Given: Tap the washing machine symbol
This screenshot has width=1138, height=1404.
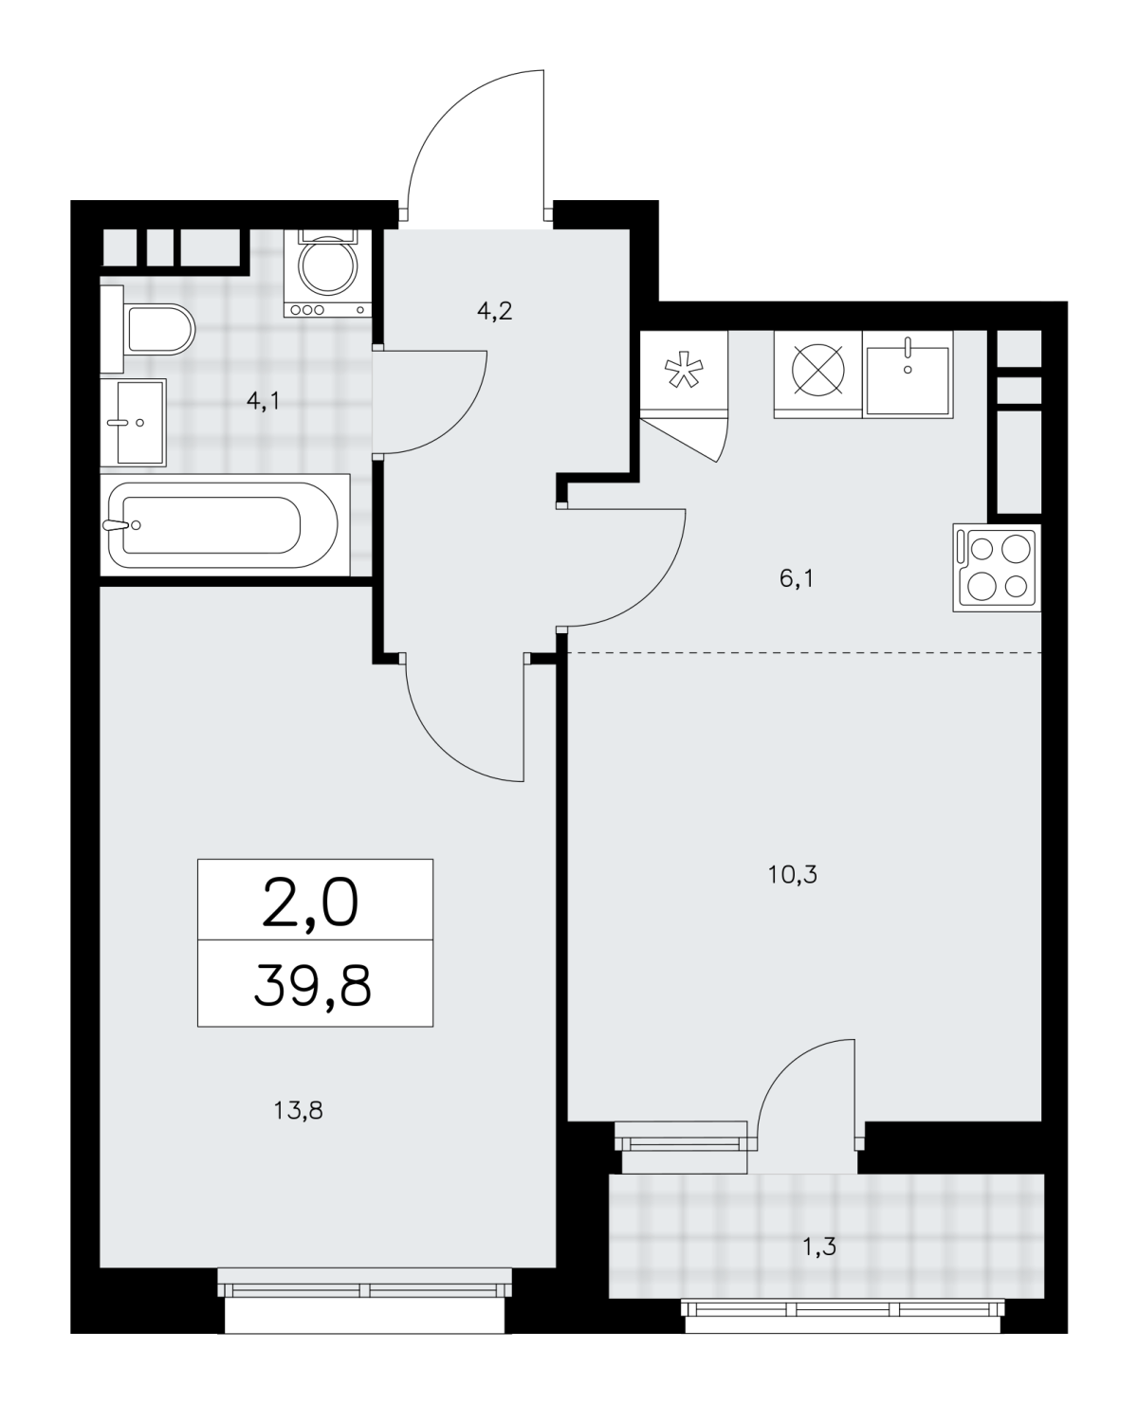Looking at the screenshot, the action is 328,273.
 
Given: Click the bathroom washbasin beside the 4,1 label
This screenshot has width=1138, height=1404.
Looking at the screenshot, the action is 133,423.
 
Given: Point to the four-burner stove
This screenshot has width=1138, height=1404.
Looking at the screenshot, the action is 997,568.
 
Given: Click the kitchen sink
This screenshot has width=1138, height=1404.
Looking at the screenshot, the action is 908,374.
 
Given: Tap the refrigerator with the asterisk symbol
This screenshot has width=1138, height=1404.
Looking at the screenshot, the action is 684,374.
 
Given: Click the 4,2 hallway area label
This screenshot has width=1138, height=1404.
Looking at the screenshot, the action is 494,310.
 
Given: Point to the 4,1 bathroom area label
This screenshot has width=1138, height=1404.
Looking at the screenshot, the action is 263,400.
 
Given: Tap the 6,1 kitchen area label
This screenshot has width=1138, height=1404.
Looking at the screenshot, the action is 796,578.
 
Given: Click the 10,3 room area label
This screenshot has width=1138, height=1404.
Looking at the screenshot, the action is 793,875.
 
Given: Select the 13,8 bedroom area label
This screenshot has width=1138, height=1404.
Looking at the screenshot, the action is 298,1111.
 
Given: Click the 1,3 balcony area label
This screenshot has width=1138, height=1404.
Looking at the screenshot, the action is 819,1248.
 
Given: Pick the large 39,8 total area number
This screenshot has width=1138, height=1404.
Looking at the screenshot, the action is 313,988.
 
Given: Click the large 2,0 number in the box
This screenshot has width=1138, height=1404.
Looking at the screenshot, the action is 310,904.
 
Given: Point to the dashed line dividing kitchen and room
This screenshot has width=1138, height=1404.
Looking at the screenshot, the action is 804,652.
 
